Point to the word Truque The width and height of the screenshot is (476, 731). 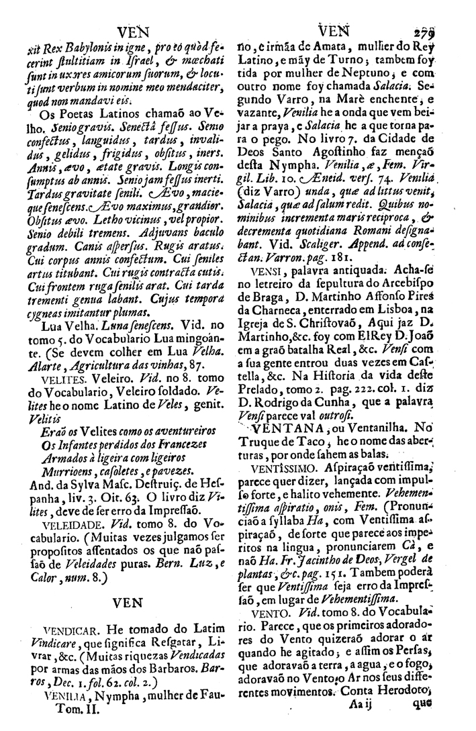pyautogui.click(x=267, y=442)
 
